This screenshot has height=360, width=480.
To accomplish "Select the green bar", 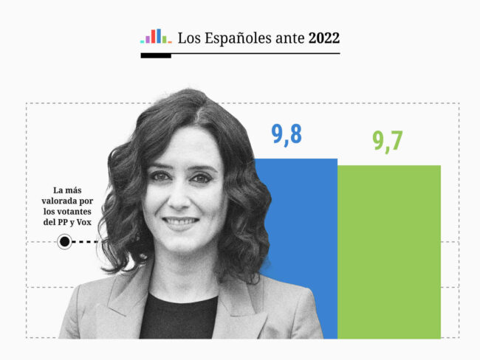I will click(x=389, y=251).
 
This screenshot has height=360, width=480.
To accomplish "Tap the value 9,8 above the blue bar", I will click(x=287, y=134).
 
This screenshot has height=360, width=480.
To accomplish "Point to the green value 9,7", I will click(x=388, y=140).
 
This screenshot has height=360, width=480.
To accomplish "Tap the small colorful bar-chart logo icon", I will click(x=156, y=37).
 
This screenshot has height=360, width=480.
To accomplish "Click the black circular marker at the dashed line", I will click(x=64, y=241).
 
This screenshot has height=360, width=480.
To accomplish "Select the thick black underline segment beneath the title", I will click(x=156, y=55).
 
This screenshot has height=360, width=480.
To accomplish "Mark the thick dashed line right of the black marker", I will click(x=86, y=241).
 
